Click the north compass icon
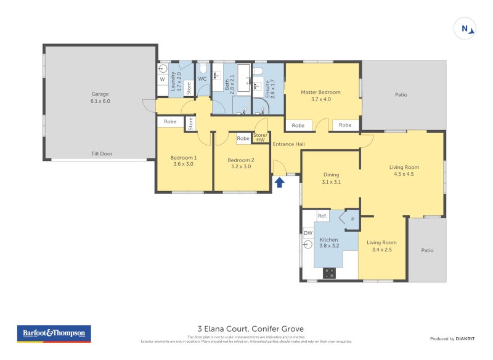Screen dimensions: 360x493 (x=465, y=28)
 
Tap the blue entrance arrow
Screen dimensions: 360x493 (x=279, y=182)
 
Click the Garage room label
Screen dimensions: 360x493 (x=100, y=97)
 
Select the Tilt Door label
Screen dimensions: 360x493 (x=100, y=155)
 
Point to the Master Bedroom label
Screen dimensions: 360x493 (x=320, y=96)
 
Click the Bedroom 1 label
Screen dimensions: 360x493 (x=183, y=160)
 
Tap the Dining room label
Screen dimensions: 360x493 (x=331, y=178)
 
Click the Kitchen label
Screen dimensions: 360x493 (x=328, y=242)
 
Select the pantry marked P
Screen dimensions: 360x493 (x=352, y=219)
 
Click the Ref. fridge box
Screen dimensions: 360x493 (x=322, y=216)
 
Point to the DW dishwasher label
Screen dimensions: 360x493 (x=308, y=233)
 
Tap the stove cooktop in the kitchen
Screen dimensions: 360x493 (x=329, y=273)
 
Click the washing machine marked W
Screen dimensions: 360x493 (x=163, y=80)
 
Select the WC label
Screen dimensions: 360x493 (x=202, y=79)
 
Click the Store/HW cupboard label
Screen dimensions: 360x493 (x=260, y=137)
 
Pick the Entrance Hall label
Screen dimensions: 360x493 (x=289, y=144)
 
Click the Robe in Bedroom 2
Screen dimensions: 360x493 (x=243, y=139)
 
